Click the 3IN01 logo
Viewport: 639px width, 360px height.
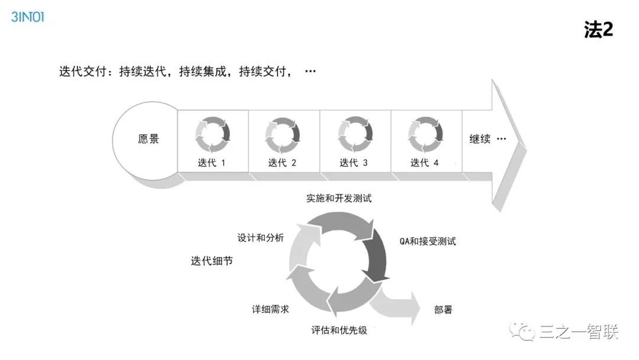pos(28,17)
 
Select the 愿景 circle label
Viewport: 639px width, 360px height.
pos(149,140)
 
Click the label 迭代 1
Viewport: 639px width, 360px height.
pos(212,163)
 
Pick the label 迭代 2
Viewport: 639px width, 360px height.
pos(282,163)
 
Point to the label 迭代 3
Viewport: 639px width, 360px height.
pos(354,163)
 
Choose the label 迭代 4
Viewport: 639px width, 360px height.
pos(425,163)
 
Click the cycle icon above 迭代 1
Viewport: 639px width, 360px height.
pos(212,135)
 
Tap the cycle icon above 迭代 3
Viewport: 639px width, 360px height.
pos(355,135)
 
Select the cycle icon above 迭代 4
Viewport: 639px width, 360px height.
pos(426,135)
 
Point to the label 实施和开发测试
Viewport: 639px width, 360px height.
pos(339,198)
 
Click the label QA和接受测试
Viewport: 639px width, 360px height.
pos(428,242)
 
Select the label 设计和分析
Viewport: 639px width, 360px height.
pos(260,238)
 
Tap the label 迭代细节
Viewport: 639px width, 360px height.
pos(212,261)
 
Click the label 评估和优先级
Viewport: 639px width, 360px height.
pos(339,330)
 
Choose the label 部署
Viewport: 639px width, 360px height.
pos(443,310)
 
